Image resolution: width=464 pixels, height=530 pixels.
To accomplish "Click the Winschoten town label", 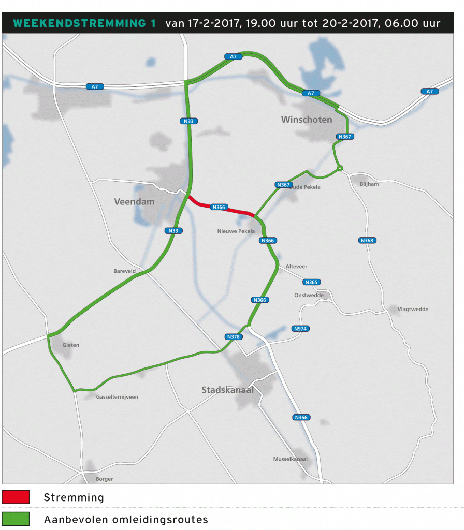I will point(307,120).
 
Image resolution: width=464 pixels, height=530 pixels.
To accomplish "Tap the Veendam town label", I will point(134,201).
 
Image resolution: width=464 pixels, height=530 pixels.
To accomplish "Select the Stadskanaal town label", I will point(228,390).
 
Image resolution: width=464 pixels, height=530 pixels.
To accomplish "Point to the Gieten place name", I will point(71,345).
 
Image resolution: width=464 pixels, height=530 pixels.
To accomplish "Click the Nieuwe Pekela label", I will point(236,231).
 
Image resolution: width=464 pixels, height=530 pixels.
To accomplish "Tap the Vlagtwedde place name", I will point(413,309).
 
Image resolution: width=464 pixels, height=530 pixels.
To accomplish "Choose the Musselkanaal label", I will point(290,459).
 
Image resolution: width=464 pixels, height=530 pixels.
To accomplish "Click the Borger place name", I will point(104,479).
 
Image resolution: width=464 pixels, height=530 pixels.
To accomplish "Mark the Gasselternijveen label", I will point(117,397).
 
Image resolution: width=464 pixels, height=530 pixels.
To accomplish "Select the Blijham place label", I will point(370,184).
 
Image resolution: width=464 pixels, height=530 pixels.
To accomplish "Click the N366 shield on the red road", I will point(219,207).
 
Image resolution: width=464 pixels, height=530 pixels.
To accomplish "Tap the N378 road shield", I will point(234,337).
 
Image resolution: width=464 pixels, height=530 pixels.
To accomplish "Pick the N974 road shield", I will point(300,329).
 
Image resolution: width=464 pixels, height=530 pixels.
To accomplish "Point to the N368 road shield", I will point(367,240).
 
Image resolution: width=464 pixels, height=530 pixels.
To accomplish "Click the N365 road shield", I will point(312,282).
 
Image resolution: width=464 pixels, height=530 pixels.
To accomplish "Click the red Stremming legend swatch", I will point(16,497).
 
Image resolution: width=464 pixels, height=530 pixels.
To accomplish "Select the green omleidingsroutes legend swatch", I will point(16,519).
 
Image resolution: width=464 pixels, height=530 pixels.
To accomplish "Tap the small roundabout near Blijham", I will point(340,168).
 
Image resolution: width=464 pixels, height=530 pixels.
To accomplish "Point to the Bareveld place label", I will point(124,271).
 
